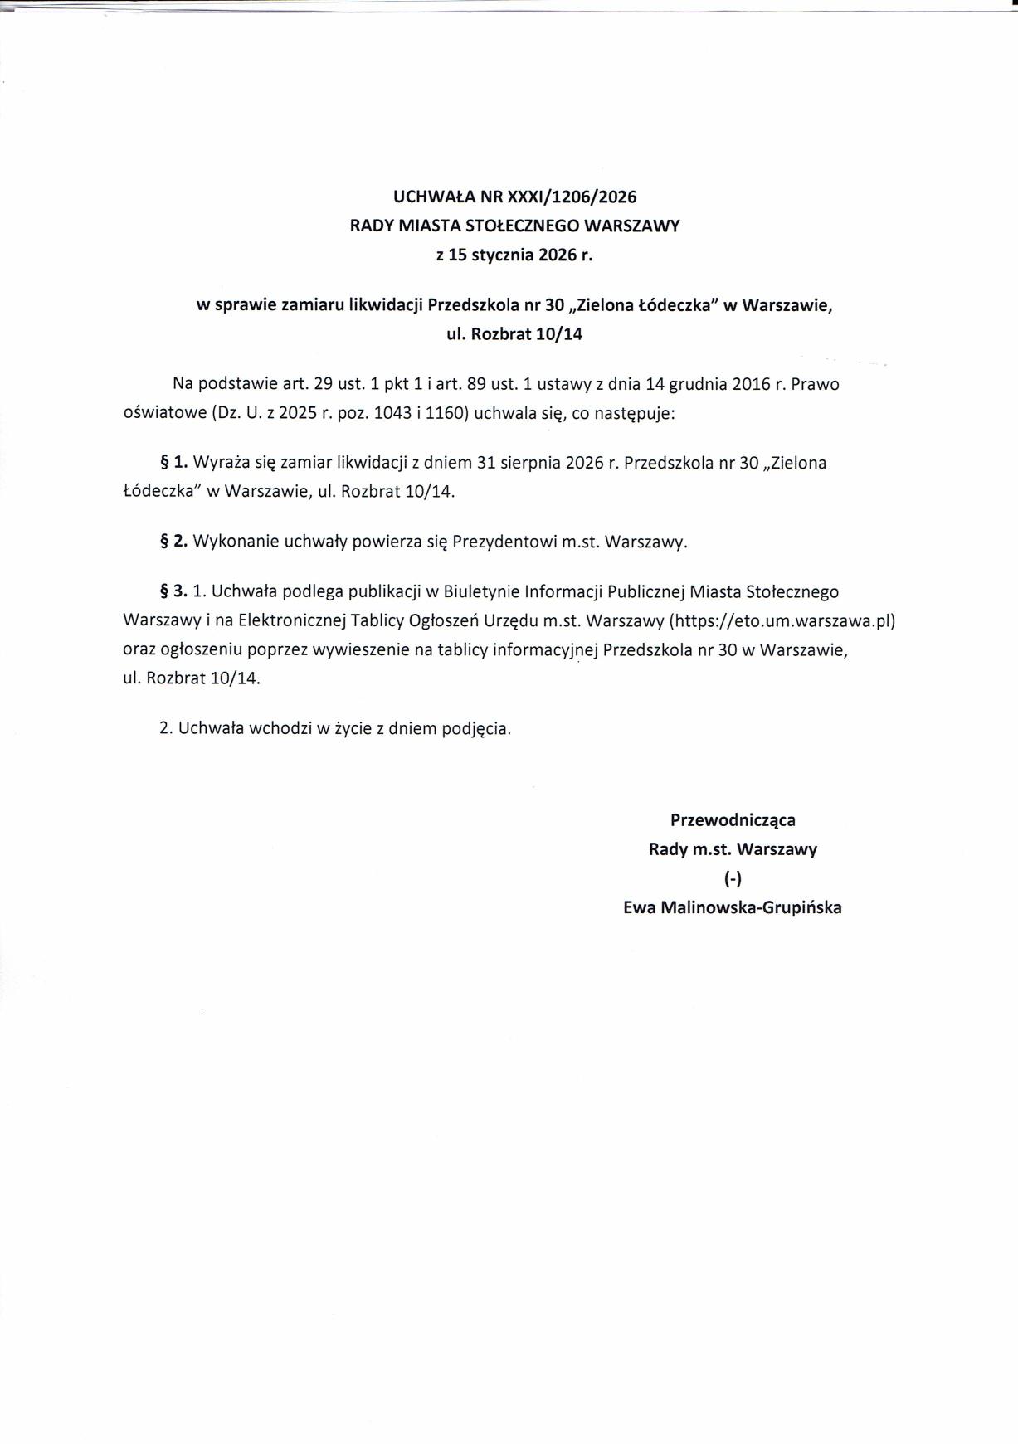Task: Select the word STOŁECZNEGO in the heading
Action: [x=514, y=226]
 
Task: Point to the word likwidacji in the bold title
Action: [x=386, y=305]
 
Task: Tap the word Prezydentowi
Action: [x=504, y=542]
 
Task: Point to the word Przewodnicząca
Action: [x=733, y=819]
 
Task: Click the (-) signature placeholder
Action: [x=733, y=878]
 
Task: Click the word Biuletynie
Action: [x=482, y=592]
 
